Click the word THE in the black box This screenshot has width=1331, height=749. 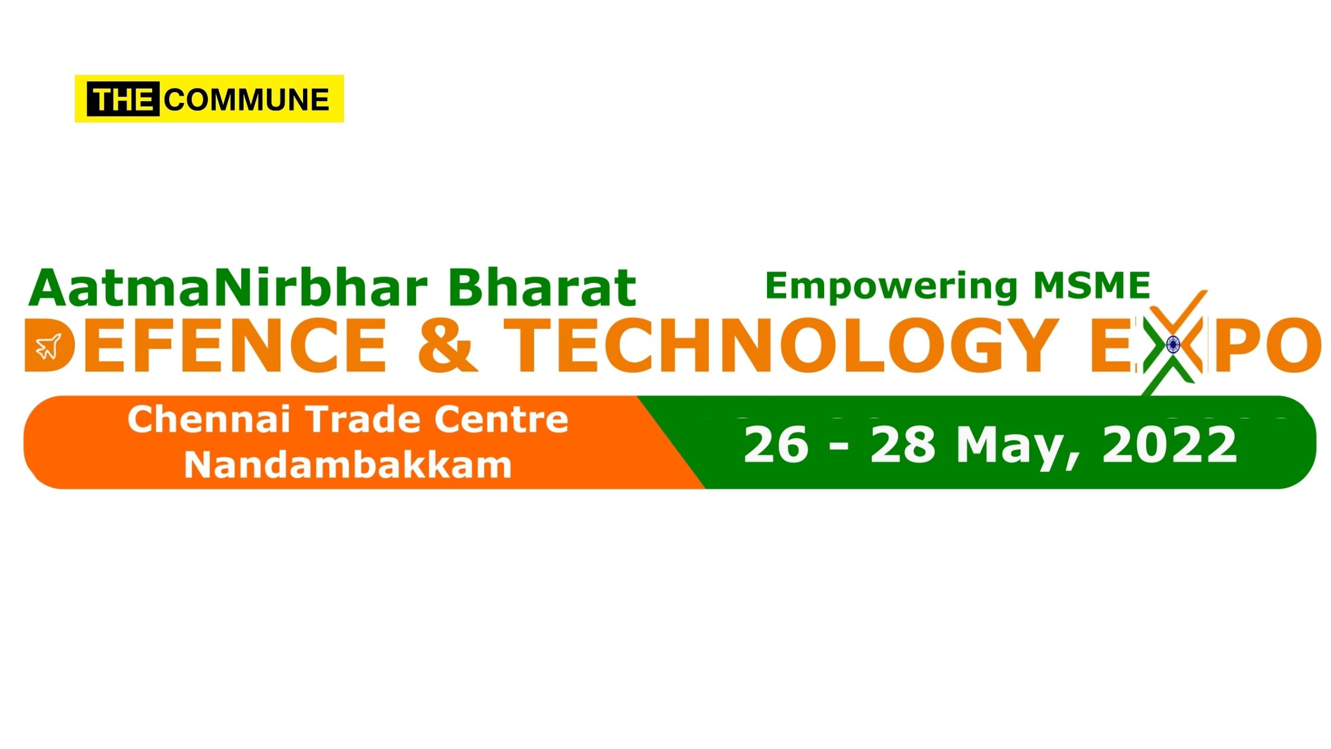pyautogui.click(x=123, y=99)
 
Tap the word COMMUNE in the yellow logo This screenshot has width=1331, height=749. pyautogui.click(x=247, y=99)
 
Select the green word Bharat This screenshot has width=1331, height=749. pyautogui.click(x=542, y=288)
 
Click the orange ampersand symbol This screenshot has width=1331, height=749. pyautogui.click(x=447, y=346)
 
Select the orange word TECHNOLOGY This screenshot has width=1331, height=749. pyautogui.click(x=783, y=346)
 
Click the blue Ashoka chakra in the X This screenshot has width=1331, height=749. pyautogui.click(x=1173, y=344)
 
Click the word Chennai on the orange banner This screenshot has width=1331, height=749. pyautogui.click(x=209, y=420)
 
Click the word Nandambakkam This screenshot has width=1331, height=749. pyautogui.click(x=348, y=465)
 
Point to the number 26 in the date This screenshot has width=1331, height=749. pyautogui.click(x=776, y=445)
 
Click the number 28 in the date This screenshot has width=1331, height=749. pyautogui.click(x=903, y=445)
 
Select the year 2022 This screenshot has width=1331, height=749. pyautogui.click(x=1169, y=445)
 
